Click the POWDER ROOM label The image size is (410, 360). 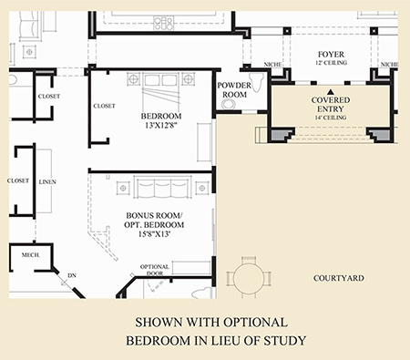(234, 90)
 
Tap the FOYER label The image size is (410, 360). (331, 55)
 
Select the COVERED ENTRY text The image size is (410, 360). (331, 105)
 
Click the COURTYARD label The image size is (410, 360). (339, 278)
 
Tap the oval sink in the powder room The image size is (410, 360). (229, 105)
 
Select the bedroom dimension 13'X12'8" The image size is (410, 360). (161, 125)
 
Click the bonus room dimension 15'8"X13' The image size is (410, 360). (154, 234)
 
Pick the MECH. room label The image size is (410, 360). (30, 255)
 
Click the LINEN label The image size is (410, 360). (47, 182)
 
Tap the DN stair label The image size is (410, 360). (72, 275)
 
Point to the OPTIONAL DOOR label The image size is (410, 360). (155, 270)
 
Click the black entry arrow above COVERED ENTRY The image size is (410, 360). (331, 91)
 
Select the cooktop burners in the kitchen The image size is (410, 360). (164, 23)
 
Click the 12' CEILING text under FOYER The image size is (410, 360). (331, 63)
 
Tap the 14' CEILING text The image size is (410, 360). (331, 118)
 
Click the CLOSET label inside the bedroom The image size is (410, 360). (104, 106)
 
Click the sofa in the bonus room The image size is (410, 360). (162, 188)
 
